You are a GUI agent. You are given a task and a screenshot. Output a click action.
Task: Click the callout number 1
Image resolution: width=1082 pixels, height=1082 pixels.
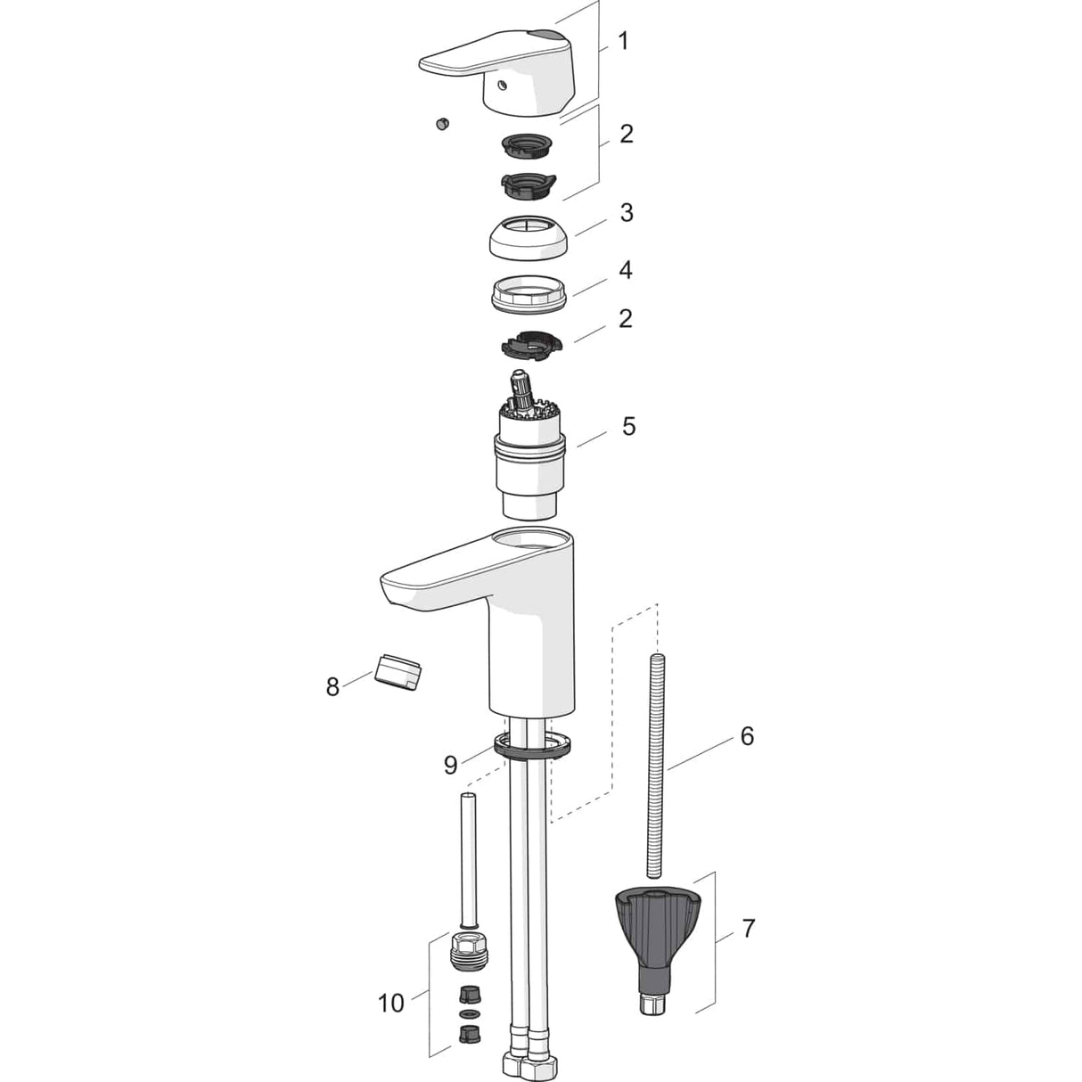pos(623,42)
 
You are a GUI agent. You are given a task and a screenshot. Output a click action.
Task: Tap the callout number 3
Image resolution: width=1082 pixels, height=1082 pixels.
pos(626,213)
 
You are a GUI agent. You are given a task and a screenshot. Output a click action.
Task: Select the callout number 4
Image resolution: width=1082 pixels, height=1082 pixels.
pos(626,270)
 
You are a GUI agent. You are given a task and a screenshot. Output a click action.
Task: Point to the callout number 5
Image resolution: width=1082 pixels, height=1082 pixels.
pos(628,426)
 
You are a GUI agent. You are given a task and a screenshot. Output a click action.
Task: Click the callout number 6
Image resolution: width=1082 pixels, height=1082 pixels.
pos(747,736)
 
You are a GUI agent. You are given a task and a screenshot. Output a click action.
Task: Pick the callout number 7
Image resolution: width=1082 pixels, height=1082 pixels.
pos(749,929)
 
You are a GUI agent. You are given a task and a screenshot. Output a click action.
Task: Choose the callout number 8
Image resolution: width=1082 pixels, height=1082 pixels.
pos(333,686)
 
